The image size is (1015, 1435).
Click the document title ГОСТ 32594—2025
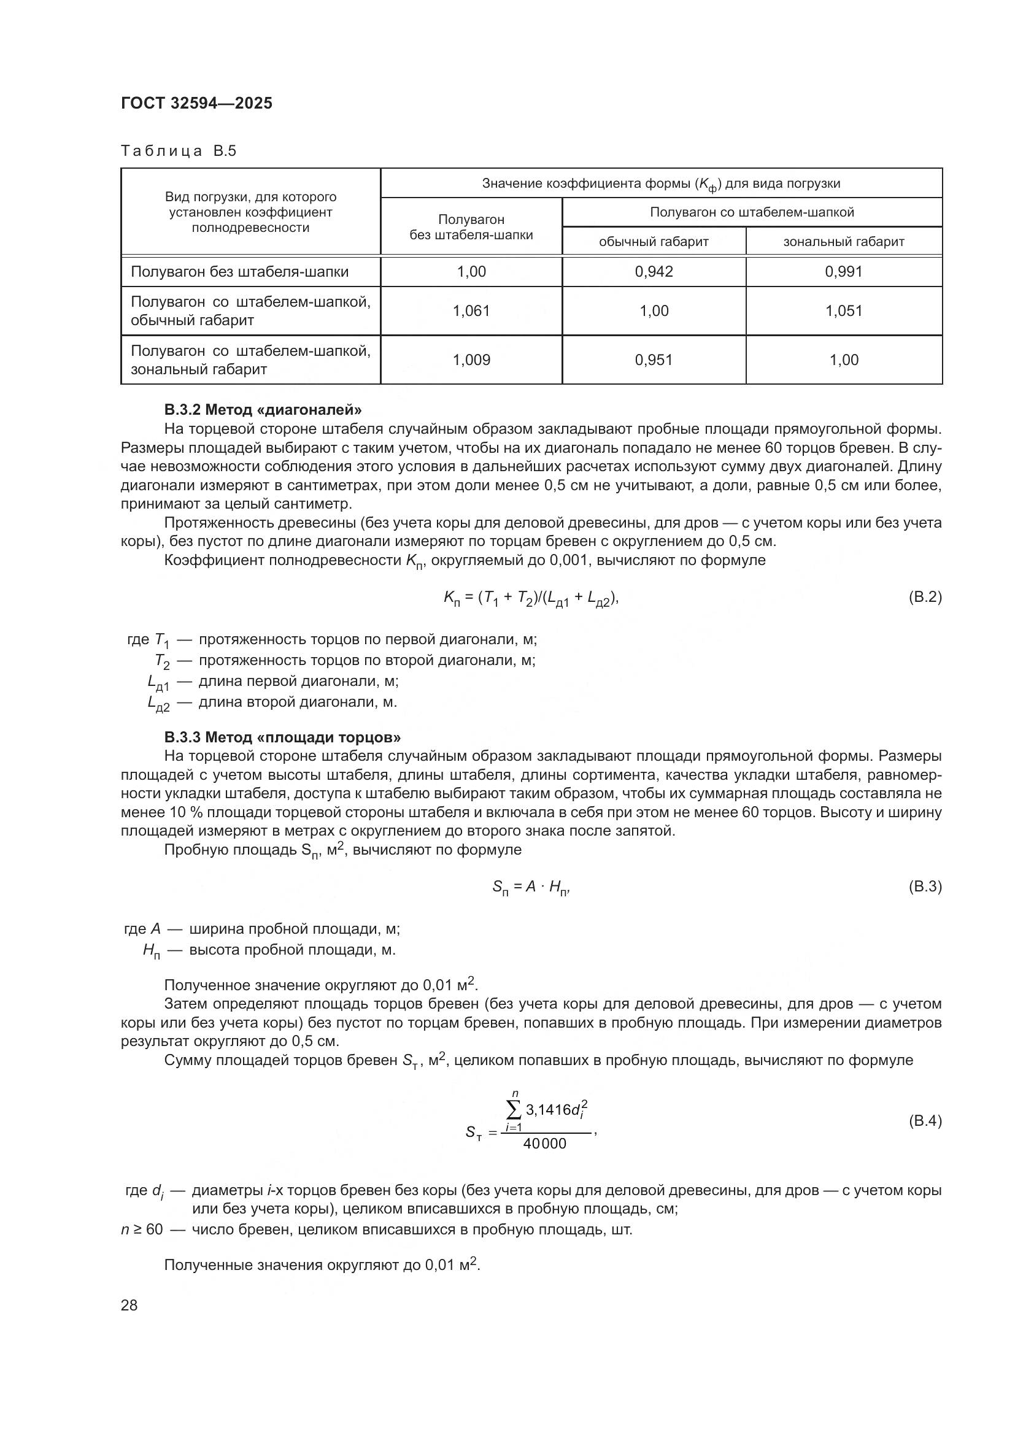[x=196, y=104]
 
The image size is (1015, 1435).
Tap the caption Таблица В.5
[x=178, y=152]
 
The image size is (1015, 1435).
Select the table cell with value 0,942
[x=654, y=271]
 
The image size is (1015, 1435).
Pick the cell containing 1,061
[x=471, y=310]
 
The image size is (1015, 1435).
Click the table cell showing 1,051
[x=844, y=310]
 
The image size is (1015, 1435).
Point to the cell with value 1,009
[x=471, y=360]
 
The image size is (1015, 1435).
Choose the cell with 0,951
[x=654, y=360]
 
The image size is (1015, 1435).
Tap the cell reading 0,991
[x=844, y=271]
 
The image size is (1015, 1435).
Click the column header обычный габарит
[x=654, y=241]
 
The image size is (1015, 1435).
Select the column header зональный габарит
[x=844, y=241]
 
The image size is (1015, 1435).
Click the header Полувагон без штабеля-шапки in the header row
[x=471, y=227]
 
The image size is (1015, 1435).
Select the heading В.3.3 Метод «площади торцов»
[x=282, y=737]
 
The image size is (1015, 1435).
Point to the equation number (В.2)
[x=924, y=597]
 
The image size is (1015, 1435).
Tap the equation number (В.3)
[x=924, y=887]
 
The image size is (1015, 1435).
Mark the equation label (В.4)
[x=924, y=1121]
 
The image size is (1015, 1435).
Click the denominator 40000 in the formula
[x=544, y=1143]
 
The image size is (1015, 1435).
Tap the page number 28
[x=129, y=1305]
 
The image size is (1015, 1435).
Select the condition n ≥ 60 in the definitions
[x=142, y=1229]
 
